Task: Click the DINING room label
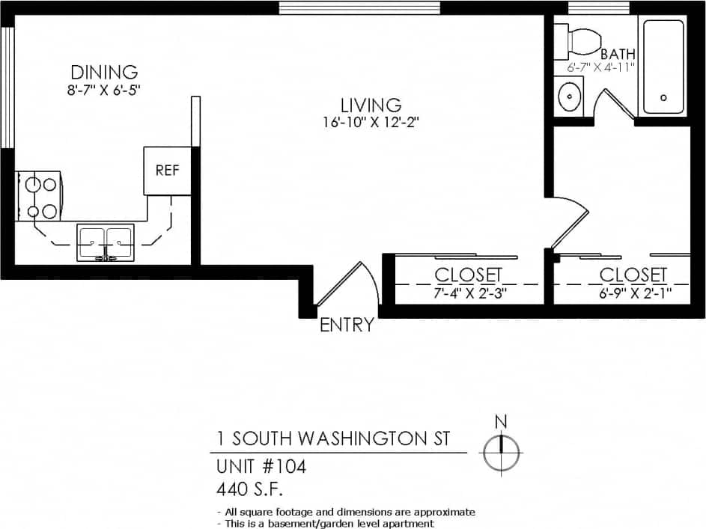104,73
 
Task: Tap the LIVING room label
371,106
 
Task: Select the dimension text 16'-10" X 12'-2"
371,123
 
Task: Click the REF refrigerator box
167,171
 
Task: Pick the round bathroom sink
570,97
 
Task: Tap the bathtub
663,67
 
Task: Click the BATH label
618,54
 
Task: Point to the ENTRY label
347,325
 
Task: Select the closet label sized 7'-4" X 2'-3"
468,275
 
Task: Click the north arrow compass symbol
502,451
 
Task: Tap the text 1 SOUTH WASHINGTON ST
333,438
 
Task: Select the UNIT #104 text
261,467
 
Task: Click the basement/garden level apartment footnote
326,523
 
